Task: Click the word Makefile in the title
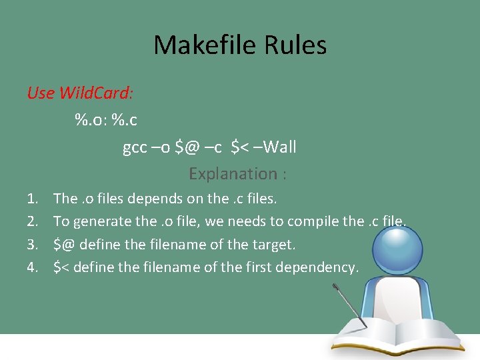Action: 198,45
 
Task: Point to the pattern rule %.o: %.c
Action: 106,120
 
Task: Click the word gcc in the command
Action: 135,147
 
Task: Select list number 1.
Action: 32,199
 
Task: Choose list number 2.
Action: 32,221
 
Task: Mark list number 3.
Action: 32,245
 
